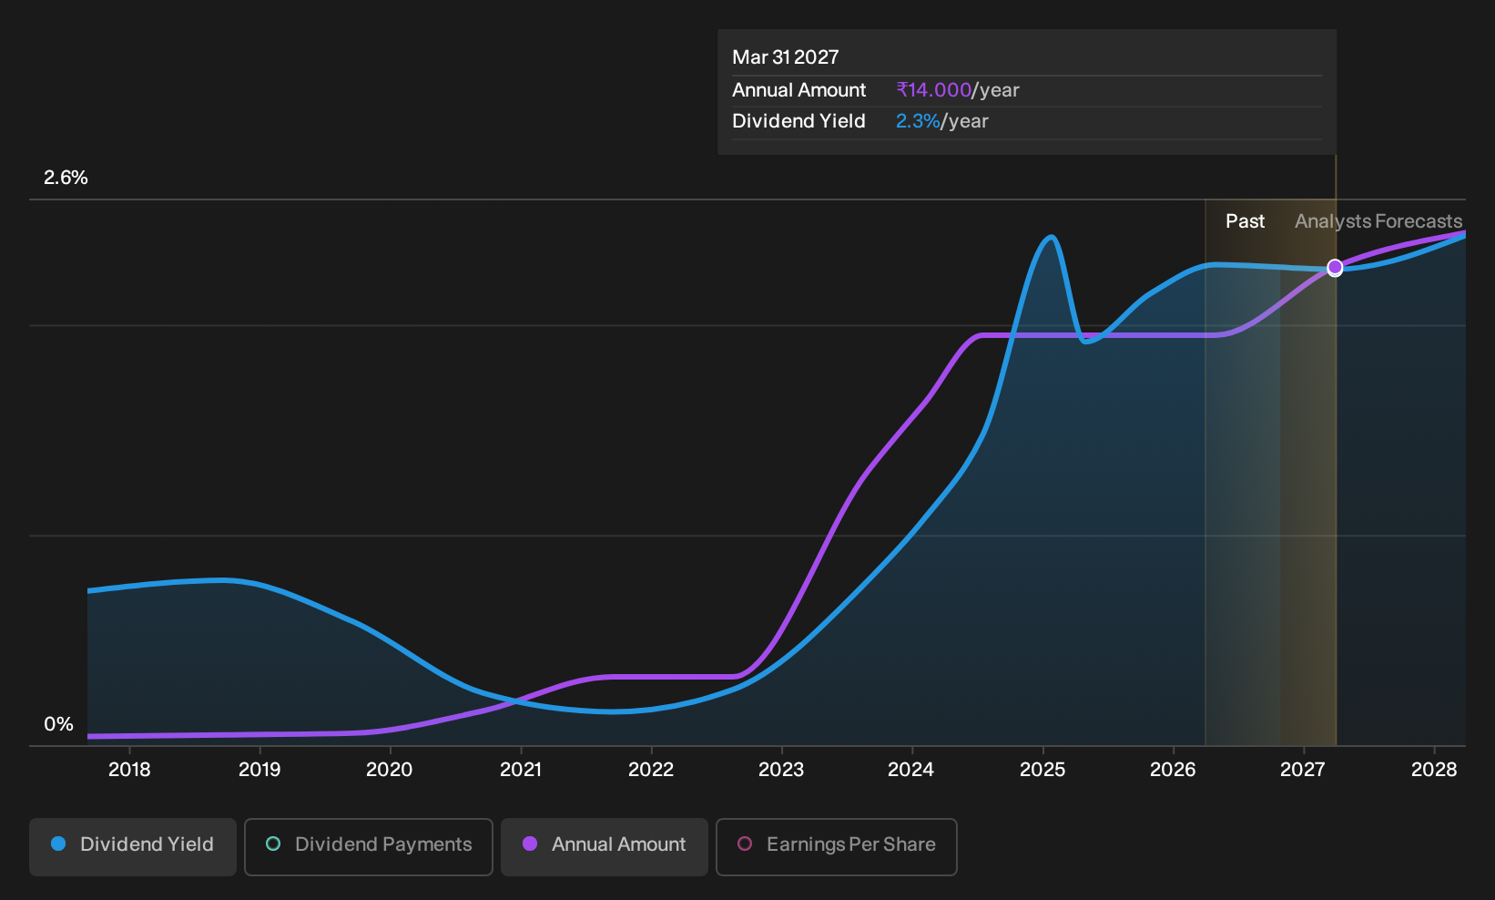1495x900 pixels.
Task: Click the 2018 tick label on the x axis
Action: (x=129, y=769)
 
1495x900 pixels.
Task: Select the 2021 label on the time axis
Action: (x=521, y=769)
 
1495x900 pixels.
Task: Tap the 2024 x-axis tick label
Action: (x=911, y=769)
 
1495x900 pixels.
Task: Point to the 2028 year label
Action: (x=1434, y=769)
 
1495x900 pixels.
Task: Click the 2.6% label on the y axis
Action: (x=66, y=178)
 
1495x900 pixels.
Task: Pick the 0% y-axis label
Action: (x=58, y=724)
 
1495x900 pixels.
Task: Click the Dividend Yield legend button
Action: (x=133, y=846)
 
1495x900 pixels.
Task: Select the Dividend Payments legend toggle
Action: (x=369, y=846)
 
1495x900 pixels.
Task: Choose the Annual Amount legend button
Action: (x=604, y=846)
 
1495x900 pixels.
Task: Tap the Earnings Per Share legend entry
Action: (x=836, y=846)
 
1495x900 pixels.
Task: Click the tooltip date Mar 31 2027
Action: (x=786, y=57)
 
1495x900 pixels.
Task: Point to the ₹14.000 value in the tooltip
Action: (x=934, y=90)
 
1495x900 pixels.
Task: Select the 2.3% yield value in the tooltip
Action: (x=918, y=121)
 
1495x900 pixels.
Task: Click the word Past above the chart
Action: (x=1245, y=221)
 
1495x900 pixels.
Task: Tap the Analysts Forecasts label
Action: (x=1378, y=221)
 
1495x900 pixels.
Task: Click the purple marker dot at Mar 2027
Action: (x=1335, y=268)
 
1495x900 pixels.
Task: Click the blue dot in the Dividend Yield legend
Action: (x=59, y=844)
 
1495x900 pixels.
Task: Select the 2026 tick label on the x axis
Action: (x=1173, y=769)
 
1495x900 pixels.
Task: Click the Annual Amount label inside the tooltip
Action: (x=798, y=90)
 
